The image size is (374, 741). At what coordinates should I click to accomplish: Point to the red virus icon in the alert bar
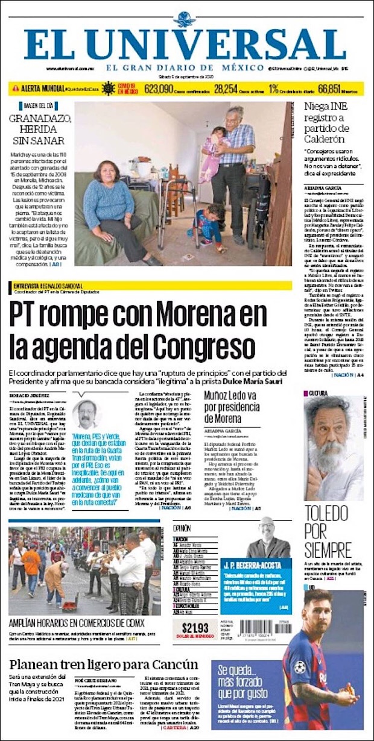tap(109, 89)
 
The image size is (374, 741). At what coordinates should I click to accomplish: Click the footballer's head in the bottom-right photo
tap(317, 606)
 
